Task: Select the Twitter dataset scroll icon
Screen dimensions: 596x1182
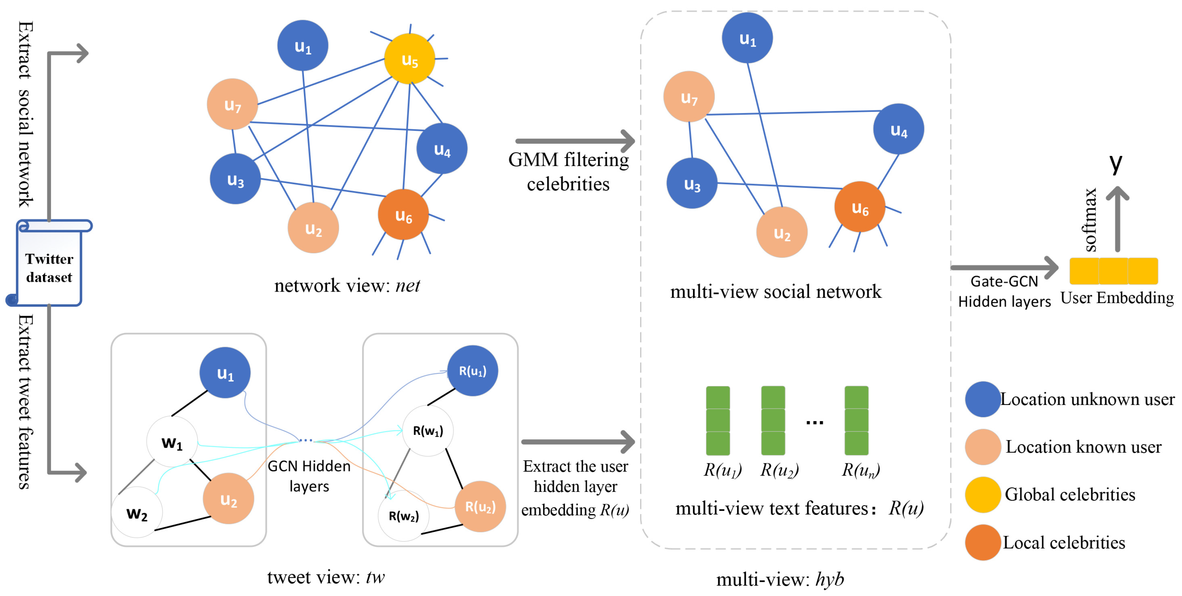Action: coord(49,264)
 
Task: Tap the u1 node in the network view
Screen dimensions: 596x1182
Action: coord(302,46)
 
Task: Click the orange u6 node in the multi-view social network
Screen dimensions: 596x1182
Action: coord(860,207)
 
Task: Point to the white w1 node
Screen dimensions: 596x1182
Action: coord(172,442)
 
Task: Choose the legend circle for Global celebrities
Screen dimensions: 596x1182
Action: coord(982,494)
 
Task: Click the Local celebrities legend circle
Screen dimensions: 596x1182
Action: coord(982,542)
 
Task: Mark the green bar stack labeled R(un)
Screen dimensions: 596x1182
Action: coord(856,420)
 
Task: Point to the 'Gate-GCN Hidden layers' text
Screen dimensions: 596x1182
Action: coord(1004,291)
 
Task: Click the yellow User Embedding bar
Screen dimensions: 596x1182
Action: coord(1113,271)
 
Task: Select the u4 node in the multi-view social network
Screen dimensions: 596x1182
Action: coord(898,129)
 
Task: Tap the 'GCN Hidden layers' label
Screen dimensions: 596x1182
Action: coord(309,476)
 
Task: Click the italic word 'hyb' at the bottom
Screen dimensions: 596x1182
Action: coord(830,579)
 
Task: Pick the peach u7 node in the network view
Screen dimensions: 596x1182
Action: coord(232,104)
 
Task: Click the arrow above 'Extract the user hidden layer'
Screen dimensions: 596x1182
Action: coord(577,442)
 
